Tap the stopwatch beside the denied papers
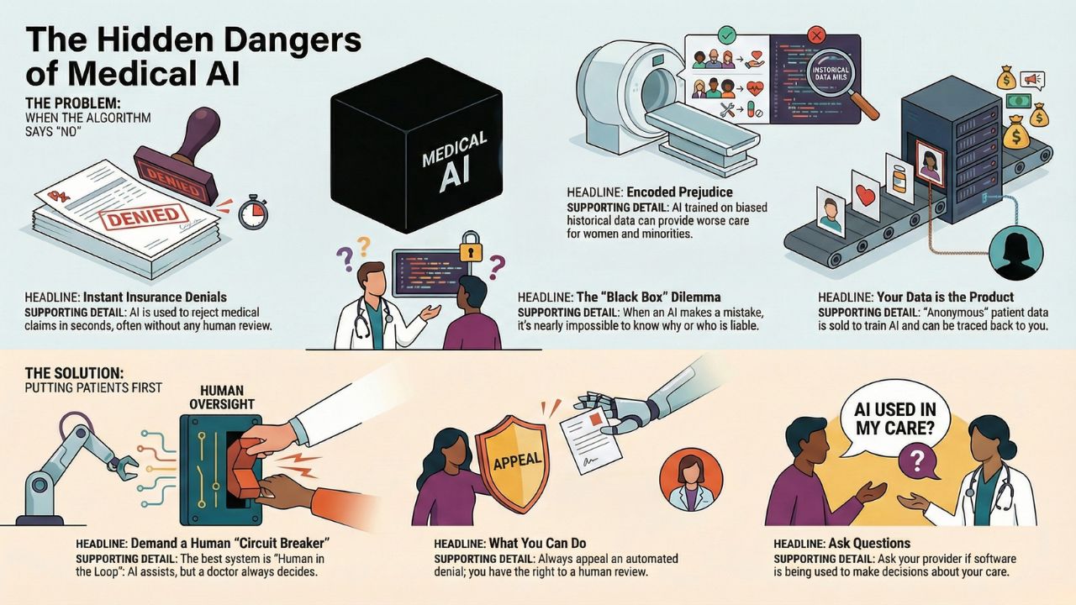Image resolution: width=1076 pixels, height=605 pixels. point(253,213)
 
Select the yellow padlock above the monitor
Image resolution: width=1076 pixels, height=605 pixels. point(471,248)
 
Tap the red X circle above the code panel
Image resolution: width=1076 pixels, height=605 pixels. point(815,36)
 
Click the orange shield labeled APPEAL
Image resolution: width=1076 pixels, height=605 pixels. point(511,458)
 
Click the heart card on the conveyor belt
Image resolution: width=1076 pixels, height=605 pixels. point(865,195)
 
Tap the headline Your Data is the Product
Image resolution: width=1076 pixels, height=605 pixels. point(945,297)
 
